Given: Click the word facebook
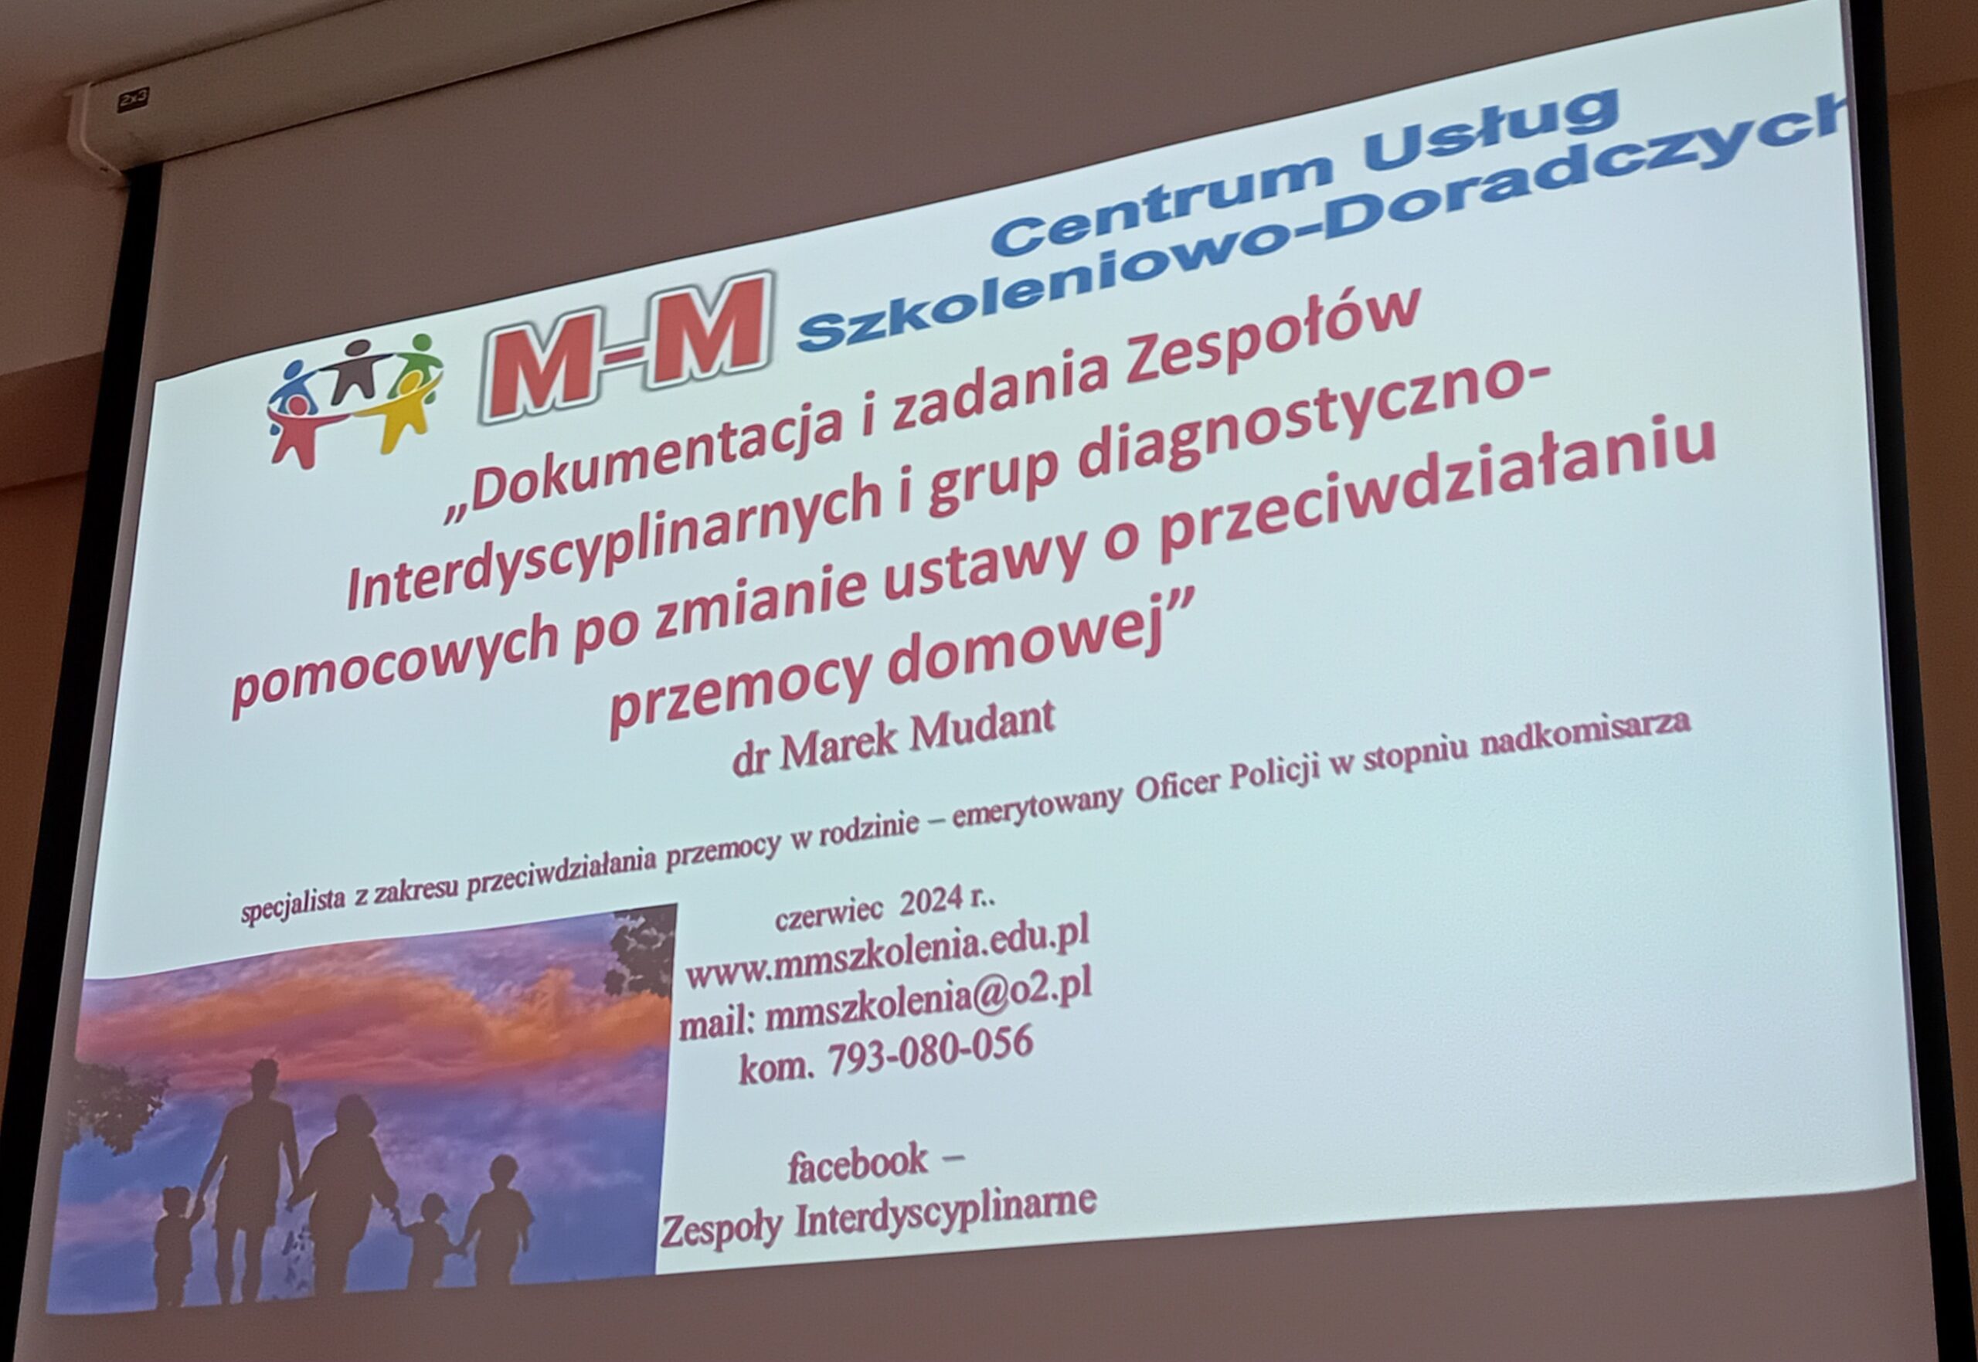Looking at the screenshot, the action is (858, 1165).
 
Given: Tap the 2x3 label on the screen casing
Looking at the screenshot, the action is (132, 100).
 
